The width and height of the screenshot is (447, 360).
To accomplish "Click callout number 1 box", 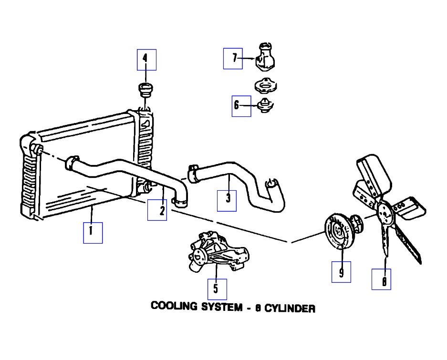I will [x=93, y=233].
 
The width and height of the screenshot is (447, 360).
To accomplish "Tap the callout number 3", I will [x=227, y=201].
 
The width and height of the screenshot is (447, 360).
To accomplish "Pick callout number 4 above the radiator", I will [x=146, y=60].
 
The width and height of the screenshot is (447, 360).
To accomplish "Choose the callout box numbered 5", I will [x=217, y=289].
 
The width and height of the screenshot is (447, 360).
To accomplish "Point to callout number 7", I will [x=233, y=59].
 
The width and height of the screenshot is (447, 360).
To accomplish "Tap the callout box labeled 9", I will [x=341, y=272].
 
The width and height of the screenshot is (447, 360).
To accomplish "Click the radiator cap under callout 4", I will [x=144, y=89].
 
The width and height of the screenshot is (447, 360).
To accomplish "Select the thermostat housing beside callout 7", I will [x=264, y=58].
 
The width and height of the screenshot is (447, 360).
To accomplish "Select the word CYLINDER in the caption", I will [x=290, y=308].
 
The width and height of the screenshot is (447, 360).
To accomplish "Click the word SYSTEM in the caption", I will [x=220, y=307].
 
